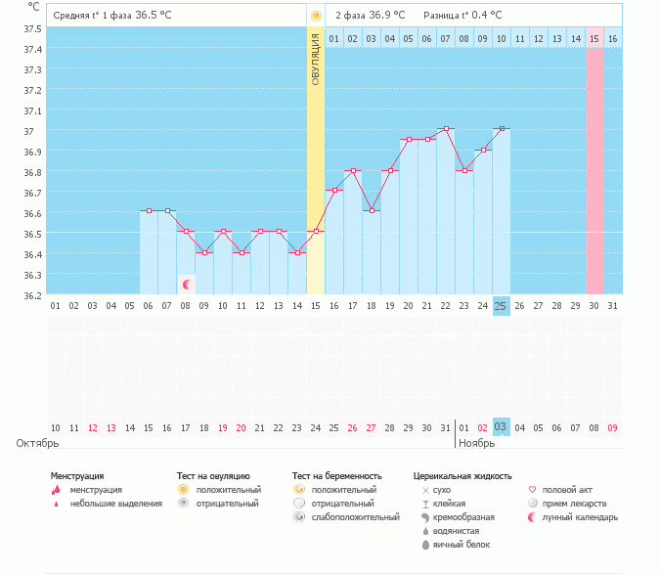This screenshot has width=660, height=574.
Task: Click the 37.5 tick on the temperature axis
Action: pos(32,28)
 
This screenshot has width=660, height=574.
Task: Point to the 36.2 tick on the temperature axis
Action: pos(32,295)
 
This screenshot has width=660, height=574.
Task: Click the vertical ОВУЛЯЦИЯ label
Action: pos(316,58)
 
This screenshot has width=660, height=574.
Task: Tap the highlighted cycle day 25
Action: pos(502,306)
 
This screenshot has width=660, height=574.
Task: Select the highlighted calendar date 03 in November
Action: pos(501,427)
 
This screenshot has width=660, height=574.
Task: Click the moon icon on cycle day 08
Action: pos(186,285)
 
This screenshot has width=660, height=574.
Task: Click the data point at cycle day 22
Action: pos(446,129)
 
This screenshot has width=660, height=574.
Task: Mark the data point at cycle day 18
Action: pos(372,211)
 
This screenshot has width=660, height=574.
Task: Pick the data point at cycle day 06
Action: pos(149,210)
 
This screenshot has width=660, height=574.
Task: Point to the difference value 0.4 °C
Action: pos(485,16)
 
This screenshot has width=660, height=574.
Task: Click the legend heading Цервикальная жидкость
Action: pos(462,476)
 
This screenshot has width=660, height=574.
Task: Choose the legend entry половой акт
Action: pos(567,490)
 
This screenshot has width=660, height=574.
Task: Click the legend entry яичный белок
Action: pos(456,545)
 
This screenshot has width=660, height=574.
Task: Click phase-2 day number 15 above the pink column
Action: pos(594,38)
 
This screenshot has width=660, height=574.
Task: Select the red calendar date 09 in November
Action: pos(612,427)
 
